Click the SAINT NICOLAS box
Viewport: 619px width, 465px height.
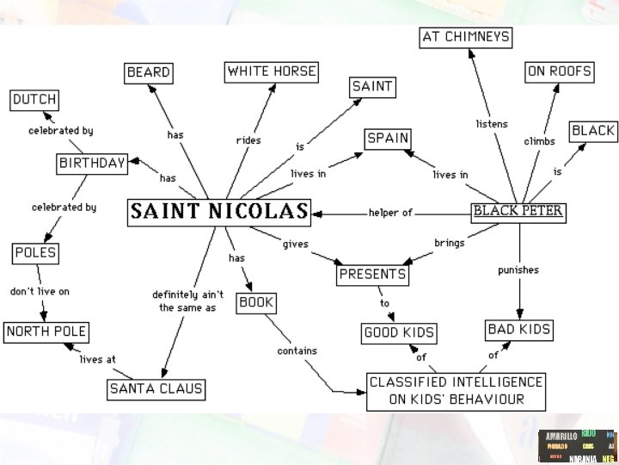(x=219, y=212)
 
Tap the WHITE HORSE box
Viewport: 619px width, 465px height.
(x=272, y=71)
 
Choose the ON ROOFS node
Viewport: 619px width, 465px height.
(x=560, y=71)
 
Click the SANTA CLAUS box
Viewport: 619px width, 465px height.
(x=156, y=389)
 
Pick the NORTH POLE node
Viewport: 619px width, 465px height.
(x=46, y=332)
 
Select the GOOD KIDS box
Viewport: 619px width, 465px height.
(x=399, y=332)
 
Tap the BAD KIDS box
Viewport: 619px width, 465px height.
(x=518, y=329)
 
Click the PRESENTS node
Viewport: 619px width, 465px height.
(x=372, y=275)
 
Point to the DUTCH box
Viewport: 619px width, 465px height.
(x=34, y=100)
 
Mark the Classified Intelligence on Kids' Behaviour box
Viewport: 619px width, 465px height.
(x=456, y=390)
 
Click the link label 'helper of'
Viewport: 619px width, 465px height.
(x=391, y=213)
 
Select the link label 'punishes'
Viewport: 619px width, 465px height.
(x=518, y=270)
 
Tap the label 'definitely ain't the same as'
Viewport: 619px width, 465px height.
(x=184, y=301)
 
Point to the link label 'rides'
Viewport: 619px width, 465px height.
(x=248, y=140)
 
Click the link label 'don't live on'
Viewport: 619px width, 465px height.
(x=40, y=292)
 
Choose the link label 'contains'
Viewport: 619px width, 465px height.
(x=297, y=351)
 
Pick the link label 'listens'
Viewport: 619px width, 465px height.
(x=492, y=124)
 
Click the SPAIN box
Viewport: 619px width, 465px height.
(x=388, y=138)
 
